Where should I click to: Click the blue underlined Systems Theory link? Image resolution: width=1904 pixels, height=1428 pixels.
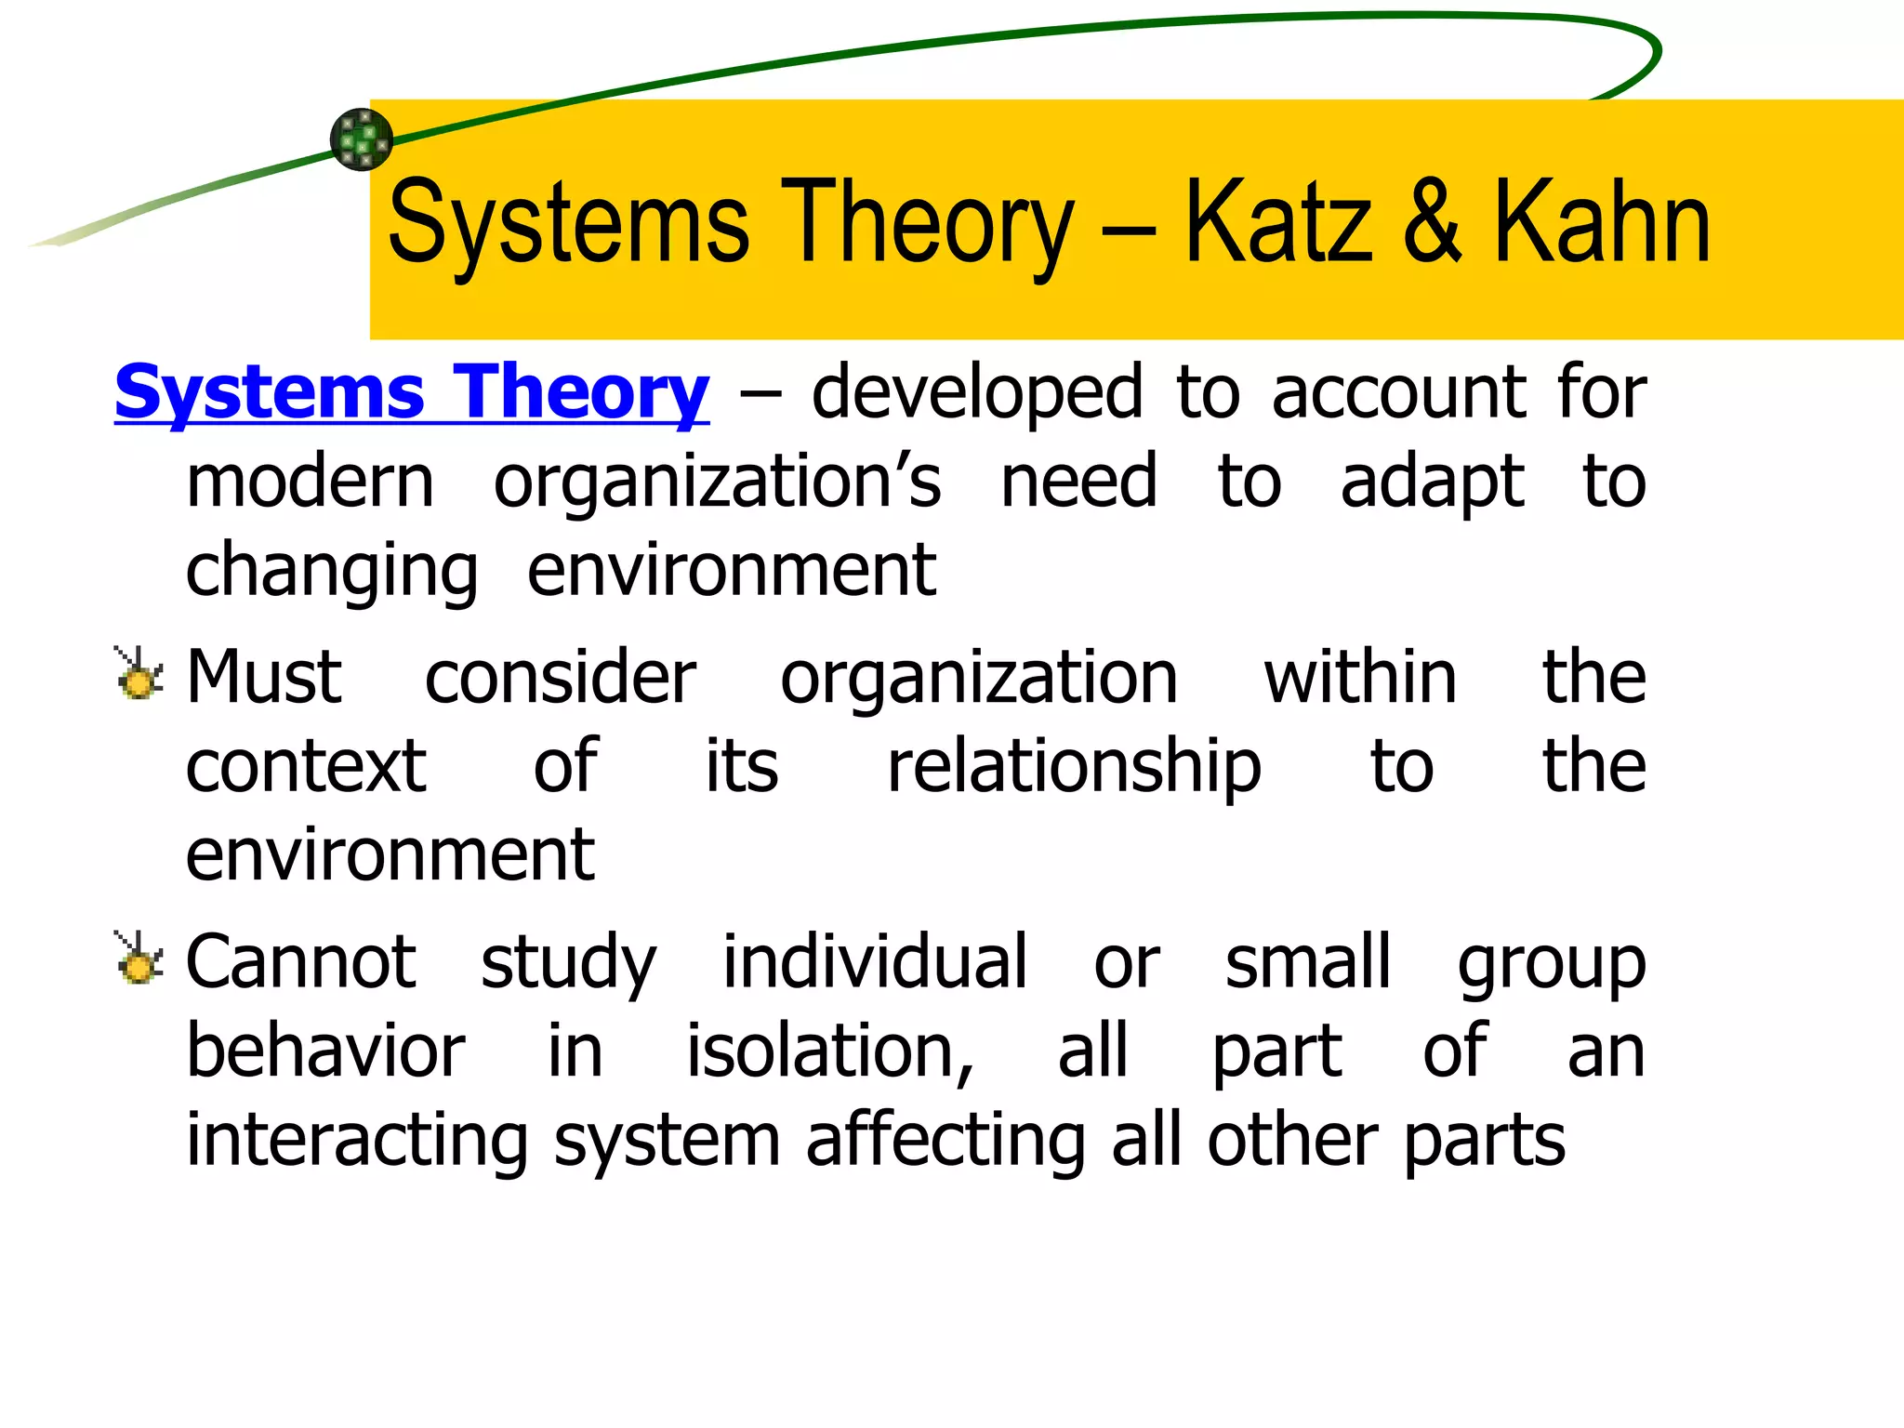(411, 394)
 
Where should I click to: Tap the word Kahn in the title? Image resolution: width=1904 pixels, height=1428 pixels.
(1601, 223)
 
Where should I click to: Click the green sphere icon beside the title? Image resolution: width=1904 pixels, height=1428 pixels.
(362, 139)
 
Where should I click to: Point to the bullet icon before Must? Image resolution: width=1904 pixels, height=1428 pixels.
(139, 673)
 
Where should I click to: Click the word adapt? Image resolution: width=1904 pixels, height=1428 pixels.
(1432, 483)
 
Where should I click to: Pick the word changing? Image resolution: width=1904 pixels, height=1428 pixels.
(332, 571)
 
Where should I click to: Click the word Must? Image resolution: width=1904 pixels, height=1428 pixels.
(264, 677)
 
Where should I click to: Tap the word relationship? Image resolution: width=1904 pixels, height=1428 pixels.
(1074, 767)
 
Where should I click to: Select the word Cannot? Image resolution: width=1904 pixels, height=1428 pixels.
(301, 961)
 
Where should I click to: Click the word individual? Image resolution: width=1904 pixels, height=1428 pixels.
(875, 961)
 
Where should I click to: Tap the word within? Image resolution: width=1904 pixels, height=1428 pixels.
(1360, 677)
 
